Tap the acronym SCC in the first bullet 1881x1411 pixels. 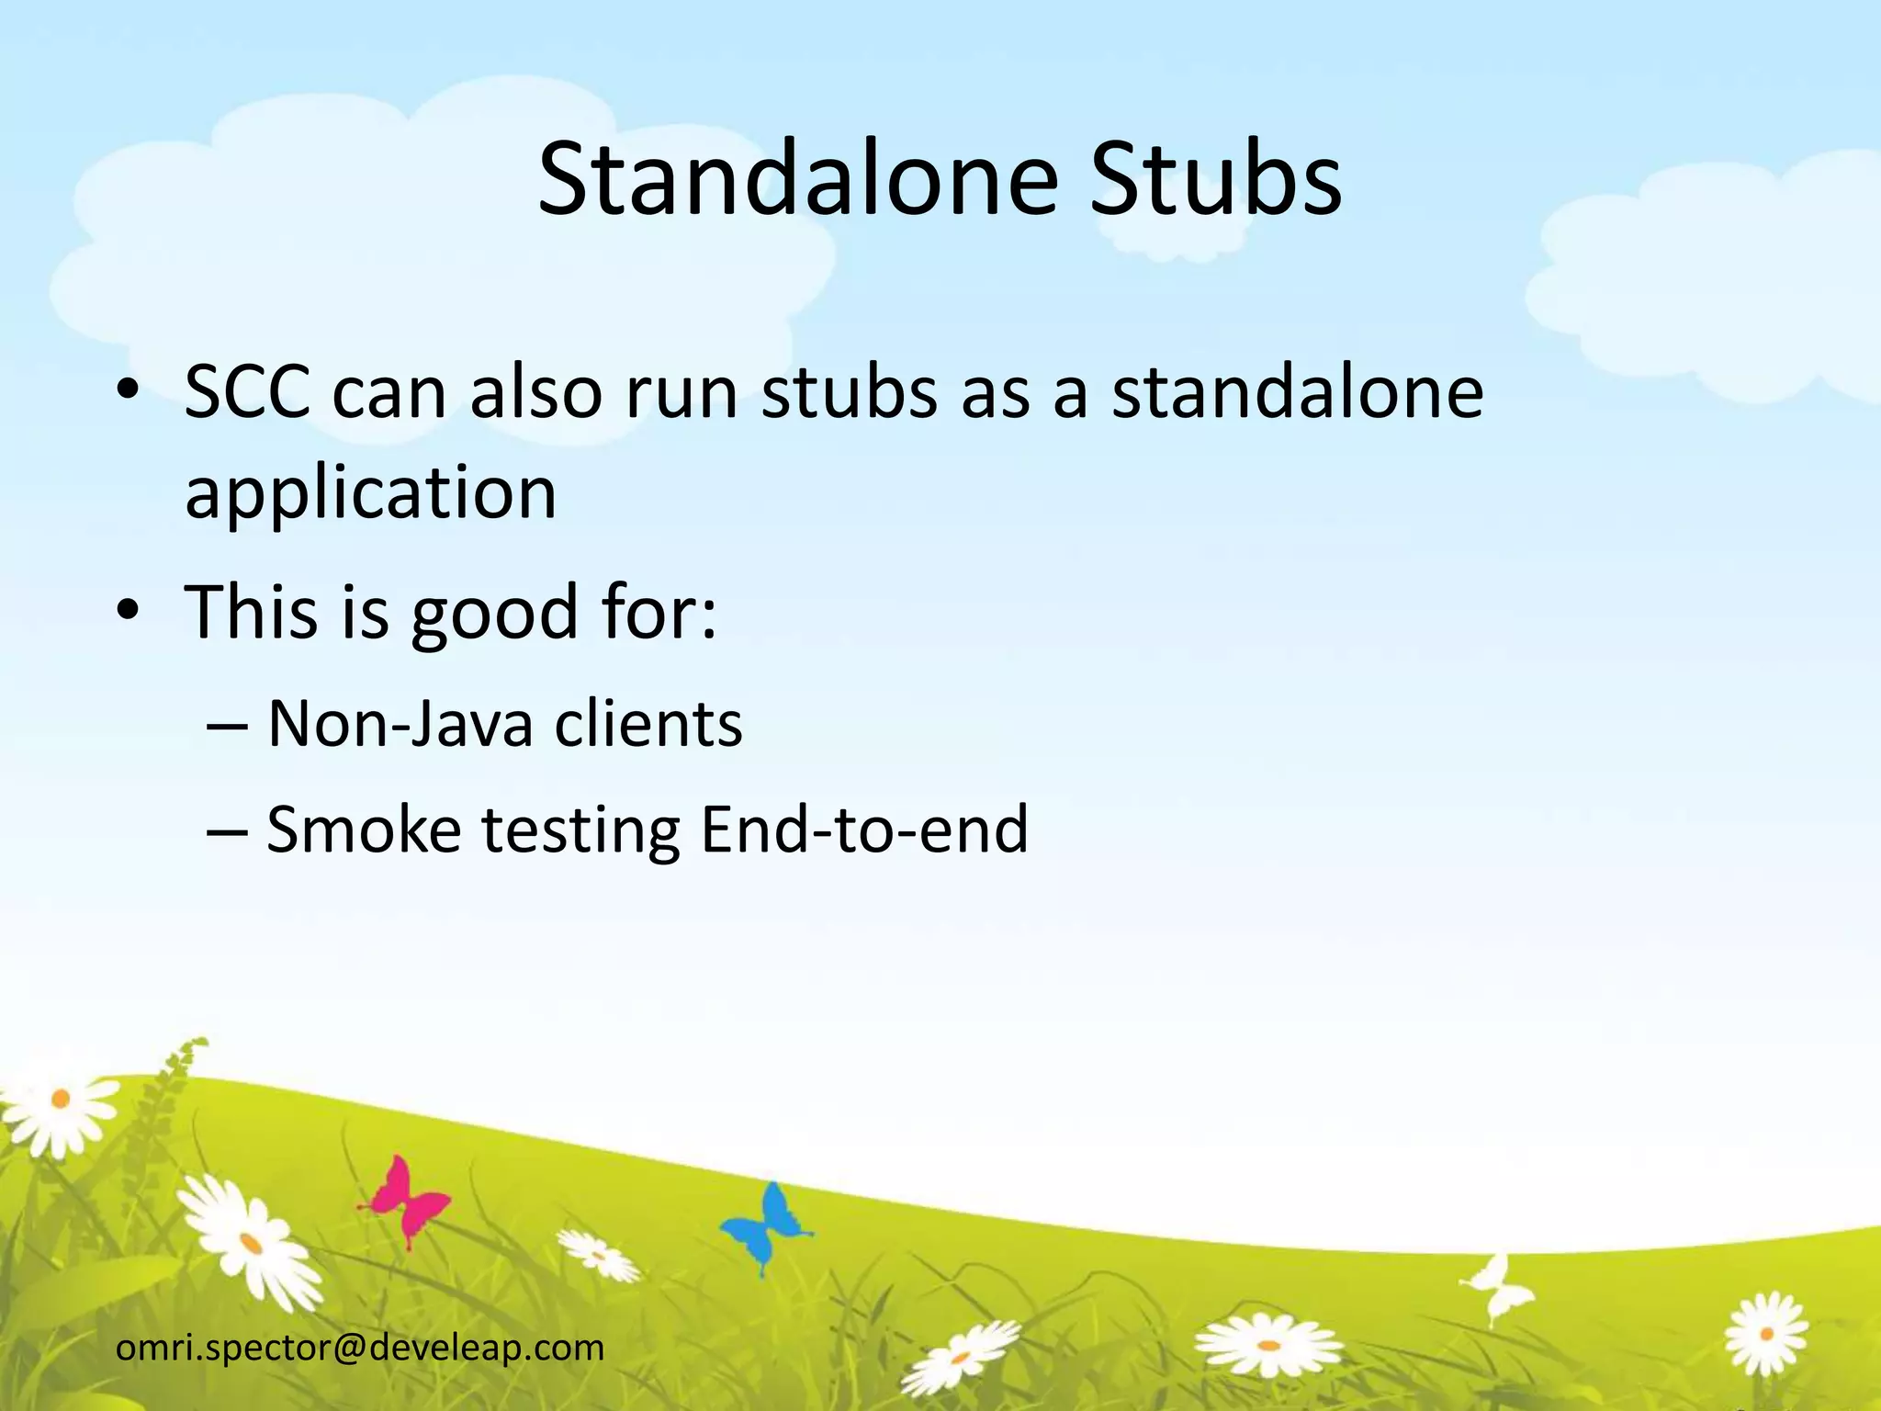coord(246,392)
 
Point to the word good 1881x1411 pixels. coord(493,614)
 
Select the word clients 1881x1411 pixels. coord(648,725)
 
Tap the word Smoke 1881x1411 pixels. coord(364,830)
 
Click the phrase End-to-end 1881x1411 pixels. coord(863,830)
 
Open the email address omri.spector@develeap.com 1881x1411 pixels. coord(360,1348)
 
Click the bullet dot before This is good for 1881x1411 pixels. coord(129,611)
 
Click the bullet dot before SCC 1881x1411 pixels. coord(129,392)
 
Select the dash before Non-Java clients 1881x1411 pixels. coord(226,726)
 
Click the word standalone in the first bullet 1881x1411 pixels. coord(1297,392)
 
